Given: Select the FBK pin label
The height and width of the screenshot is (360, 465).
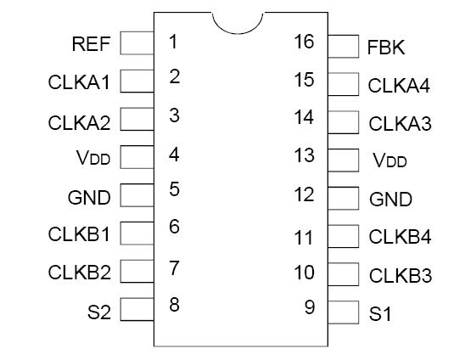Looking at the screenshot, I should pos(386,48).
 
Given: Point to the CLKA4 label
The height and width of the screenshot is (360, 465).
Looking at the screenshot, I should pos(400,86).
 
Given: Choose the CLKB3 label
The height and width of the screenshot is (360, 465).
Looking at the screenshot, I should pos(400,276).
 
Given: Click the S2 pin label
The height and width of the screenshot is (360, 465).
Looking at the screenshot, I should pos(99,312).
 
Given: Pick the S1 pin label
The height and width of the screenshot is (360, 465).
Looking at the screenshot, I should pos(380,314).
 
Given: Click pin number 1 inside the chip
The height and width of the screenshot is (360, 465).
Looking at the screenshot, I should pos(173,42).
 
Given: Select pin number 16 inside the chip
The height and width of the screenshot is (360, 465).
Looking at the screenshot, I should pos(304,42).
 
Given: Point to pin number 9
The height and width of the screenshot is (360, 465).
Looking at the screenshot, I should pos(310,307).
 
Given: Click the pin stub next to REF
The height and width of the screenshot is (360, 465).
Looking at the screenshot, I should pos(137,42).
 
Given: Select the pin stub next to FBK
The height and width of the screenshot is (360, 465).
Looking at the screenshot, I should pos(343,46).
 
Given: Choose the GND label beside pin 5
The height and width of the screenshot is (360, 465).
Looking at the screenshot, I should pos(89,198).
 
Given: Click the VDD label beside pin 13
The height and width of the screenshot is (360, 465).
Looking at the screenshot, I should pos(389,160).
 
